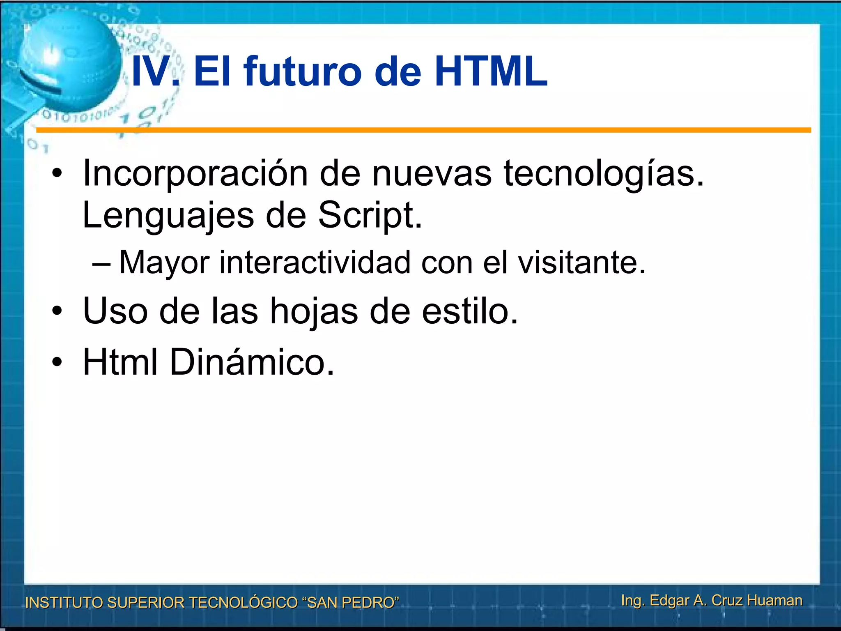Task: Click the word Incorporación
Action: coord(195,173)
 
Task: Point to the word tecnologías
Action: coord(604,173)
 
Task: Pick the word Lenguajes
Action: coord(168,216)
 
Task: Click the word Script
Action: coord(370,216)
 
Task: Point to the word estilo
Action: coord(470,311)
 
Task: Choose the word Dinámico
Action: coord(252,362)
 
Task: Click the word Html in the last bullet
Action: coord(120,362)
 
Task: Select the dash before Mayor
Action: coord(101,263)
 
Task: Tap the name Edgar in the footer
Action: coord(669,600)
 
